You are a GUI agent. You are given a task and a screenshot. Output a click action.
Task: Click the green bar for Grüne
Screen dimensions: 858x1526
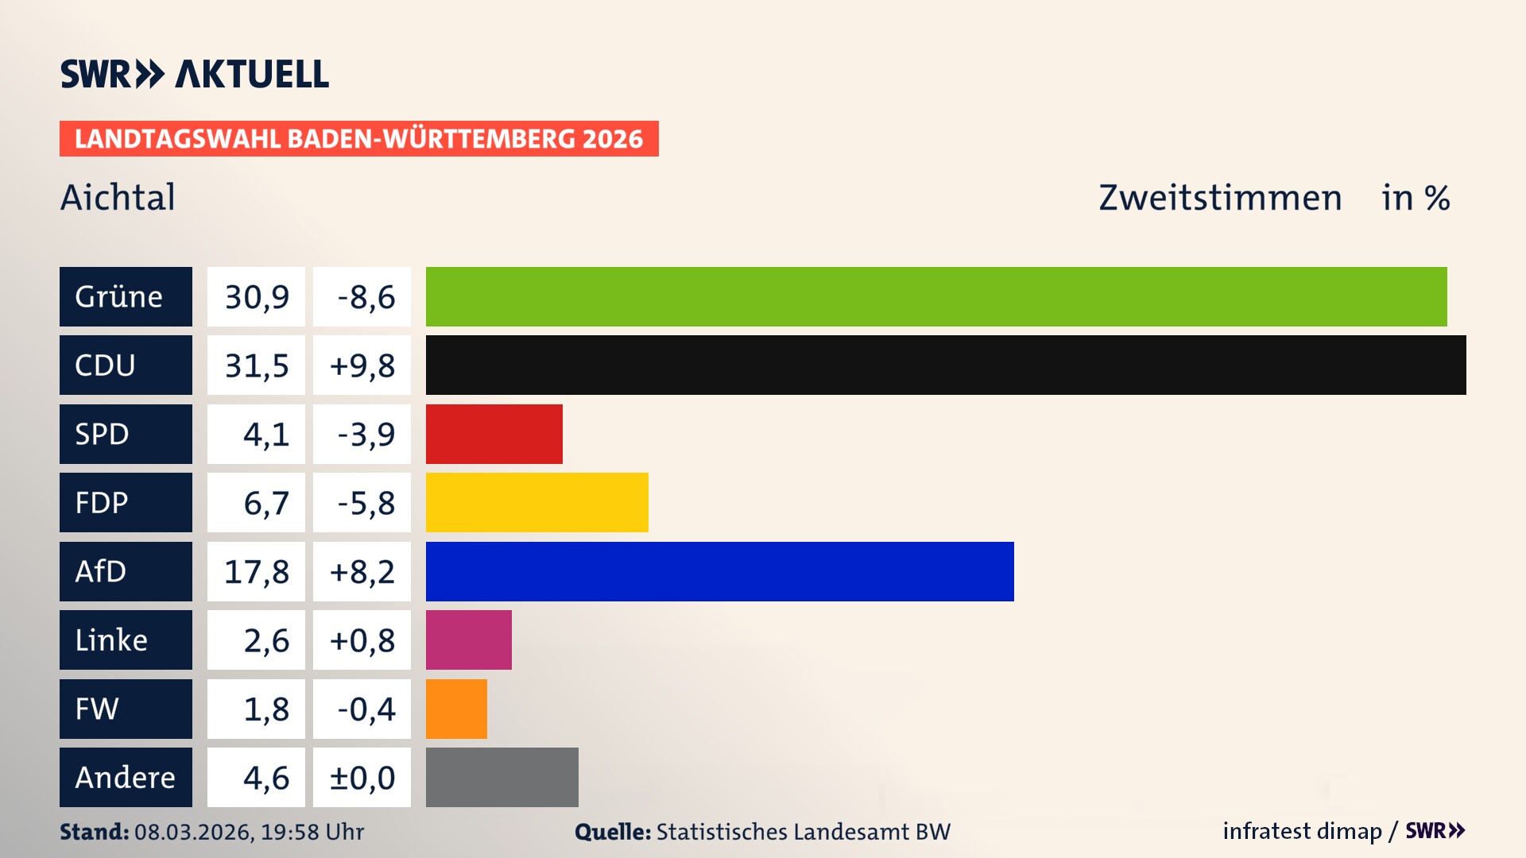click(936, 296)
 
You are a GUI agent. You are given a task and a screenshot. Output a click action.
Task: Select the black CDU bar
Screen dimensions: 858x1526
click(946, 365)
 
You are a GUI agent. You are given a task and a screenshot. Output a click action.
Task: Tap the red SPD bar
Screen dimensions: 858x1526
click(494, 434)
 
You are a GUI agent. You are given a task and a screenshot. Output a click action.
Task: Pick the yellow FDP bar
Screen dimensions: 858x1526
click(536, 502)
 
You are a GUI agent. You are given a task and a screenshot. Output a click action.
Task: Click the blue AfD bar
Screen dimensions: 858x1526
click(719, 571)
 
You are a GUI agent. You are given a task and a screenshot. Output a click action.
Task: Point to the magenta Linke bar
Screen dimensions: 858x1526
click(468, 640)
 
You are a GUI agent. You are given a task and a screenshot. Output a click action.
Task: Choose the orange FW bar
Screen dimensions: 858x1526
click(456, 709)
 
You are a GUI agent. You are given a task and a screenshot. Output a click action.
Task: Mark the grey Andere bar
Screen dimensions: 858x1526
click(502, 777)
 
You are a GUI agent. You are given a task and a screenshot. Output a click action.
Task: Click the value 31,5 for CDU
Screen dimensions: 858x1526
click(256, 365)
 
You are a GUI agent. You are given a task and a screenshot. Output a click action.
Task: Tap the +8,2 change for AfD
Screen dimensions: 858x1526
click(362, 571)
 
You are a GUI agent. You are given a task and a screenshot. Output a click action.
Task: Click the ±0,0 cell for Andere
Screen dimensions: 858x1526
click(362, 777)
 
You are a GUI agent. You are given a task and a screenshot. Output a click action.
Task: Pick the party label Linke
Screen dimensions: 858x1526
click(111, 640)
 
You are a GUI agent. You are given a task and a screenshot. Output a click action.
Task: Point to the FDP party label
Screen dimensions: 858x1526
click(102, 502)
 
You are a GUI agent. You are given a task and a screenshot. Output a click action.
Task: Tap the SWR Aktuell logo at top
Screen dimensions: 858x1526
click(194, 74)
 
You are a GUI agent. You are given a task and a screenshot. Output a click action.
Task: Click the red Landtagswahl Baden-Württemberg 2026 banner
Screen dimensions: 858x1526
click(358, 138)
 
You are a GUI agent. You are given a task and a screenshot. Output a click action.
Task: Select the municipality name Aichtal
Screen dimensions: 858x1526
click(118, 197)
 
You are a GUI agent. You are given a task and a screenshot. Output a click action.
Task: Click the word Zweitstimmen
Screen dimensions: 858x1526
click(1220, 197)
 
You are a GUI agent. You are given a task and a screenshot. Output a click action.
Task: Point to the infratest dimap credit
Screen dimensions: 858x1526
click(1302, 831)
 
